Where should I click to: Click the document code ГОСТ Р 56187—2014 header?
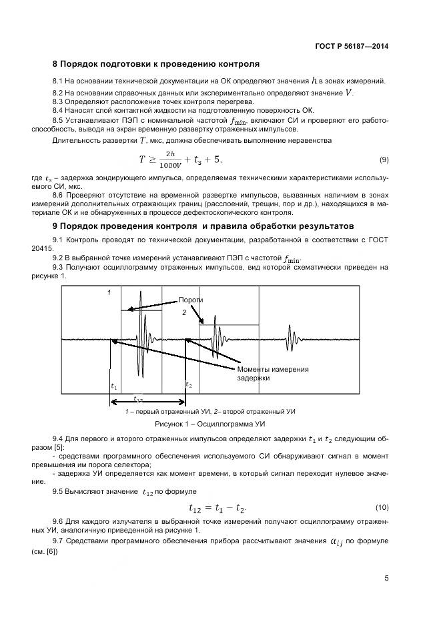point(351,46)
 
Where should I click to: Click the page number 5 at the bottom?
point(386,579)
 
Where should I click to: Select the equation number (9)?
point(384,160)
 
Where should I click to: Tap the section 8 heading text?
point(155,65)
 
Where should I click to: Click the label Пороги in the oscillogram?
point(190,300)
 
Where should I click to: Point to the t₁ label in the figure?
point(113,386)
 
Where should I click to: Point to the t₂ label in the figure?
point(189,386)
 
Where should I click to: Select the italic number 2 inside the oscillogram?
point(184,312)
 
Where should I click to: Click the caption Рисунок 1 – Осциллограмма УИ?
point(211,424)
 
